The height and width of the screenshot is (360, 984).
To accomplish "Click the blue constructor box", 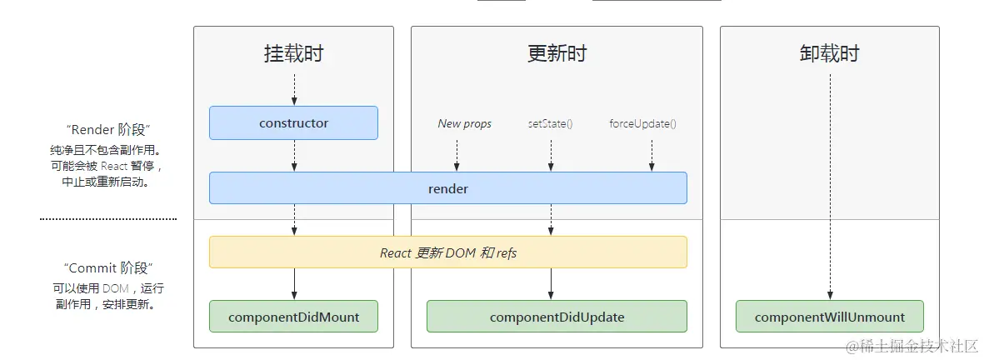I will [x=293, y=122].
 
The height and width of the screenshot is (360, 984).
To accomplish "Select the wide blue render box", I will [x=447, y=188].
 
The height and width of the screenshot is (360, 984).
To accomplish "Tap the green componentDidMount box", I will [x=293, y=317].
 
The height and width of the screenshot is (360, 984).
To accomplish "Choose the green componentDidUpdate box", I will [x=557, y=317].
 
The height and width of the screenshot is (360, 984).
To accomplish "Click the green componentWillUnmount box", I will [x=829, y=317].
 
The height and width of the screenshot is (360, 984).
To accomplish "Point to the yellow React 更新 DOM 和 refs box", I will [x=447, y=252].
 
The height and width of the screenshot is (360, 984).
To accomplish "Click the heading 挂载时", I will [x=293, y=54].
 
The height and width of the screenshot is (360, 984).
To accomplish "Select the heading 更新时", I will [x=557, y=54].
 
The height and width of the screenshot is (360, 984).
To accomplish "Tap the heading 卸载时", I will [x=829, y=54].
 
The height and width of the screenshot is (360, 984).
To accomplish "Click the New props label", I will [x=464, y=124].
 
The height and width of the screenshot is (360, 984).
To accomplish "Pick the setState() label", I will [x=550, y=124].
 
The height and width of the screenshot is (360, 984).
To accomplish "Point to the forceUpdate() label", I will [x=642, y=124].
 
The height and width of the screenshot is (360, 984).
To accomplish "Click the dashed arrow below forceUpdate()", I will [x=652, y=155].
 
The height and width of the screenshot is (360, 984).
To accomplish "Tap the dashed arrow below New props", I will [x=457, y=155].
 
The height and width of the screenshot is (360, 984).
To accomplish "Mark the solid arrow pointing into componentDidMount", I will [x=294, y=284].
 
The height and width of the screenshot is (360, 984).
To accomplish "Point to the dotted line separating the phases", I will [x=108, y=219].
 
